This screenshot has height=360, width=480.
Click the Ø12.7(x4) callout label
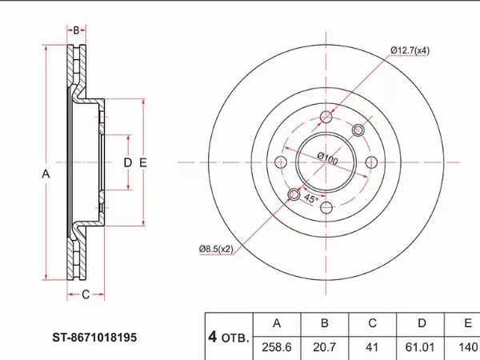click(x=410, y=50)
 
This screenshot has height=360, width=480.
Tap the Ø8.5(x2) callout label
click(x=216, y=249)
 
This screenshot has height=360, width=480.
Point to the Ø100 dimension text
click(x=327, y=158)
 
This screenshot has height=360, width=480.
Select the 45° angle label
click(x=311, y=198)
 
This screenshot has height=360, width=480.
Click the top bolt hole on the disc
click(x=326, y=117)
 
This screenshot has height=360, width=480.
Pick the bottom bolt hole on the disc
click(x=326, y=208)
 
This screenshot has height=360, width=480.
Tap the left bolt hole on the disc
click(x=281, y=162)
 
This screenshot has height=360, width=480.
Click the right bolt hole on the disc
click(x=372, y=162)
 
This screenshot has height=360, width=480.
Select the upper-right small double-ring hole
click(x=358, y=130)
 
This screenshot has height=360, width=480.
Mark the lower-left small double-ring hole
click(x=294, y=194)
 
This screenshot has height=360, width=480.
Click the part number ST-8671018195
click(x=94, y=338)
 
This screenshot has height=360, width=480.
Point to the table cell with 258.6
click(x=277, y=347)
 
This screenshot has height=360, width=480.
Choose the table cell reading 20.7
click(x=325, y=347)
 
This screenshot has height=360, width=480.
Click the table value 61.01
click(x=420, y=347)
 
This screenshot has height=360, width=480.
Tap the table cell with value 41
click(x=372, y=347)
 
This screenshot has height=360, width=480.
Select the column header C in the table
click(x=372, y=323)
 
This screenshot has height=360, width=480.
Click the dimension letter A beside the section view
click(x=46, y=174)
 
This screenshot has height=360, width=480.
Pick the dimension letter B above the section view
click(x=76, y=30)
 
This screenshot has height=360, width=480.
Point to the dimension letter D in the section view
click(x=128, y=162)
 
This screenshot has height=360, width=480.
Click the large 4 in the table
click(x=213, y=337)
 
